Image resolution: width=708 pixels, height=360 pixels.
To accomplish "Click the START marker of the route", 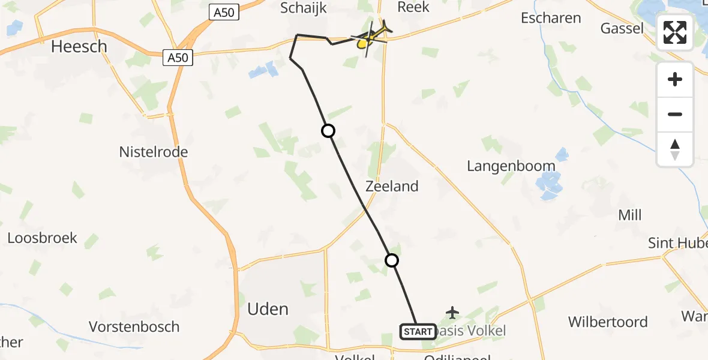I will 418,331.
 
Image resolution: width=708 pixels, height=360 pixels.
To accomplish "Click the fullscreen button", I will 675,32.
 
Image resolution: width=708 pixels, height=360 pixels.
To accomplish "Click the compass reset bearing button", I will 675,149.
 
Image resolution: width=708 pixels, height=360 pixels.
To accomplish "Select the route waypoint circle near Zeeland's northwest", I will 328,131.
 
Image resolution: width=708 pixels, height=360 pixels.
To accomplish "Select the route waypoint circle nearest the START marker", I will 392,260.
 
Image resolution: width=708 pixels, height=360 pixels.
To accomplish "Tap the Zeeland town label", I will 392,187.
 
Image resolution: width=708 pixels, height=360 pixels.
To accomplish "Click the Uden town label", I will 268,309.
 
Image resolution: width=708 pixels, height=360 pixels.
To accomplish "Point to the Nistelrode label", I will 154,152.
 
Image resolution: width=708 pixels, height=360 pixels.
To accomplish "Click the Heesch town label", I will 79,46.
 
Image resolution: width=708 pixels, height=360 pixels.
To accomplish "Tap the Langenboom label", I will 511,166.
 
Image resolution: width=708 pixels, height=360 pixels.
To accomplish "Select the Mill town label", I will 630,215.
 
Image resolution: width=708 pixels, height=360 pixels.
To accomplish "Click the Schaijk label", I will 304,8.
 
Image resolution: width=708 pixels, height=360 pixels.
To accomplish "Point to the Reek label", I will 413,7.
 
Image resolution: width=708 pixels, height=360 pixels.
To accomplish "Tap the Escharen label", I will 551,18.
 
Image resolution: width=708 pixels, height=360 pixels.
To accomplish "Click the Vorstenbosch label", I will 134,326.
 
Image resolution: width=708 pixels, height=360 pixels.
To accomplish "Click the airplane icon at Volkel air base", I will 452,313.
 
